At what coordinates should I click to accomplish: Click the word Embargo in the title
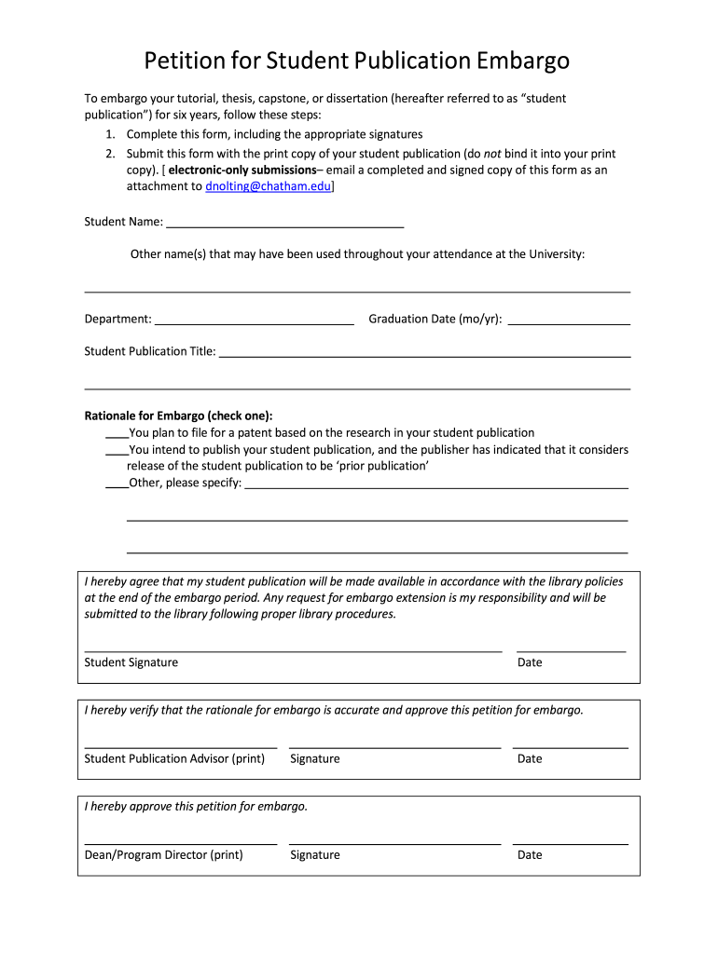(523, 61)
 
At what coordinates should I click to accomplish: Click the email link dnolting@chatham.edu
(268, 186)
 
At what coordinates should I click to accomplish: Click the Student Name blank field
(284, 222)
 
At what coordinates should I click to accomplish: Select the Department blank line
(255, 319)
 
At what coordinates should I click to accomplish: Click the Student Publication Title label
(150, 351)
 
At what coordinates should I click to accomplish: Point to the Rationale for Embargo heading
(178, 416)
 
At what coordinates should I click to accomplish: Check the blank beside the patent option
(116, 433)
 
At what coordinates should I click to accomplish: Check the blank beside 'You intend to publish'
(116, 450)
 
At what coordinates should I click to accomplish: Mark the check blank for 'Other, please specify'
(116, 484)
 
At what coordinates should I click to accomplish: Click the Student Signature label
(131, 662)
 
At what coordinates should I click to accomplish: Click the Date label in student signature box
(530, 662)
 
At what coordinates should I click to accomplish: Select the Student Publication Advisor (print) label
(174, 758)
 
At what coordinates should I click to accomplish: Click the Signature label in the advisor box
(315, 758)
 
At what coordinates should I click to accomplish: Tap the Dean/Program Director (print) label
(163, 854)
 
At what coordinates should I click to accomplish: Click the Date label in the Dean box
(530, 854)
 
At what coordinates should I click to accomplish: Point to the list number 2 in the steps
(109, 154)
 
